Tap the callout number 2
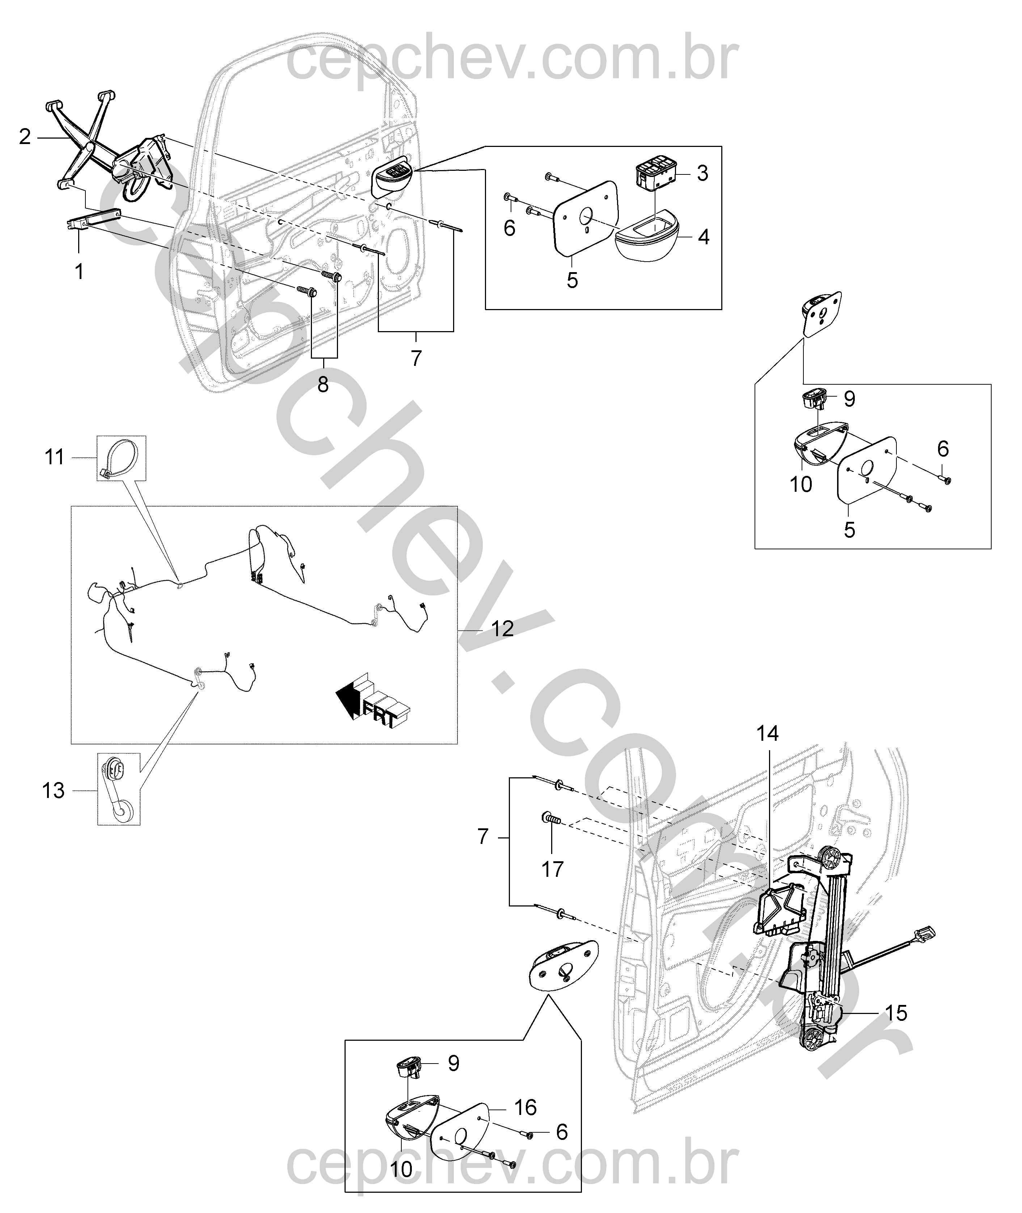24,137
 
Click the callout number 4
704,237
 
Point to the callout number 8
323,384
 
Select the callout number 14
767,734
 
